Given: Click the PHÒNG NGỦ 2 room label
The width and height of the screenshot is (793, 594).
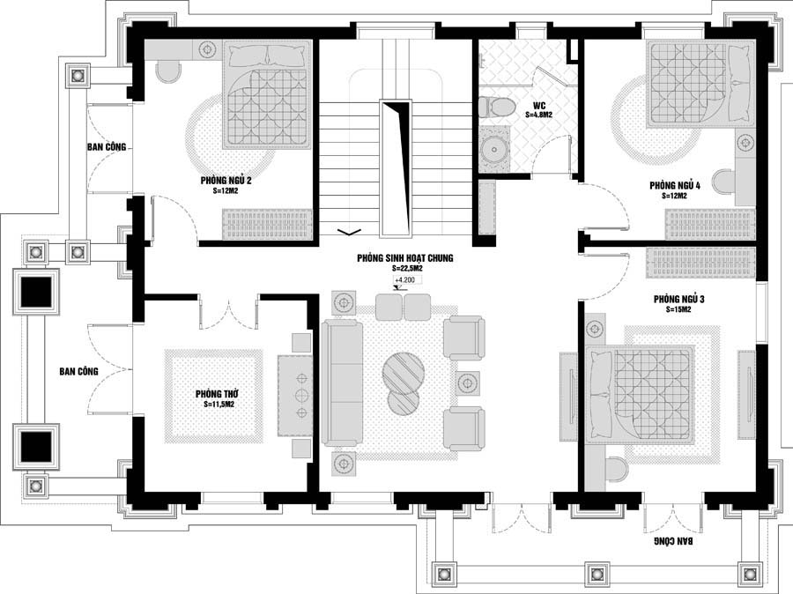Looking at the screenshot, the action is coord(226,180).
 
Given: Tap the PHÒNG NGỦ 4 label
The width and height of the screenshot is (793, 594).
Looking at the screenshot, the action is coord(675,186).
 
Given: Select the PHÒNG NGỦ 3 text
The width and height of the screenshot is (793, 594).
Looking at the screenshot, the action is coord(678,299).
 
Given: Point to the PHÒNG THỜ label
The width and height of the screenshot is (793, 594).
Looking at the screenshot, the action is coord(217,394).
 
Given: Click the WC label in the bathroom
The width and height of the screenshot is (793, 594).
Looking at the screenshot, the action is coord(538,107).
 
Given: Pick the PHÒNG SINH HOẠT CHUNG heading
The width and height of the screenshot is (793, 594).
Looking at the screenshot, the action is coord(404,258).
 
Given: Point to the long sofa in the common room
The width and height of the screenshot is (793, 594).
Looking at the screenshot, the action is coord(342,383).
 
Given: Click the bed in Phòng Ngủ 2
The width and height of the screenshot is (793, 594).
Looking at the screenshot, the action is coord(266,94).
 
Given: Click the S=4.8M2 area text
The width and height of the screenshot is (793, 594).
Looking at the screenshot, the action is coord(538,115).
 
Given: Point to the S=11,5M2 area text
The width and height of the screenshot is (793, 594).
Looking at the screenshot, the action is coord(217,405).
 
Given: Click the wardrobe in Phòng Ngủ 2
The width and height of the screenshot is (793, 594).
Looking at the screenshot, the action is coord(267,224).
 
